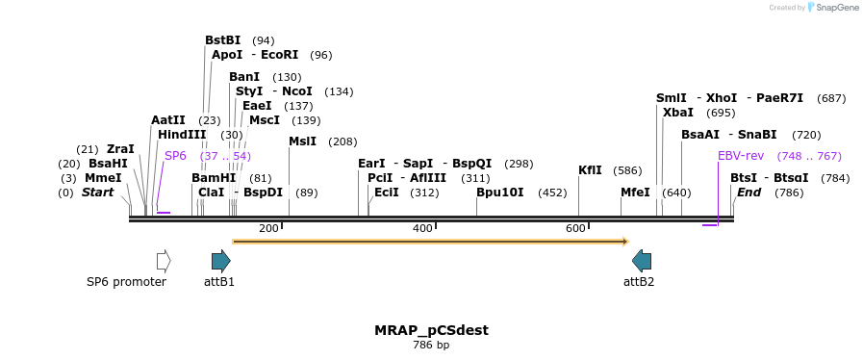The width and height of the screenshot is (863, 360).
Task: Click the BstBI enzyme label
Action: [222, 40]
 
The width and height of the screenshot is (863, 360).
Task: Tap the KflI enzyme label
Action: [590, 170]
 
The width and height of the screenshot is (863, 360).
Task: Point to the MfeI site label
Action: [635, 193]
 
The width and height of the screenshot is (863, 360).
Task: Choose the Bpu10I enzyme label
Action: [500, 193]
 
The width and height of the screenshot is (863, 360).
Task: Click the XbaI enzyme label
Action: [678, 113]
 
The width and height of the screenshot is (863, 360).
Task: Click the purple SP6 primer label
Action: [175, 156]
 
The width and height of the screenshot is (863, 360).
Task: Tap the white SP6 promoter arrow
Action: [164, 261]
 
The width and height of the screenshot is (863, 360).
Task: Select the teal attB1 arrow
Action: [220, 261]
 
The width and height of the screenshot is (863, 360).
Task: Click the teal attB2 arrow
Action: [642, 261]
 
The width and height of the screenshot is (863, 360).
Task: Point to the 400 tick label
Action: [422, 228]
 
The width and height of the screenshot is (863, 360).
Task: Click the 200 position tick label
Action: [268, 228]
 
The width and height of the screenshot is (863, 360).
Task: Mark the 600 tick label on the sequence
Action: [575, 228]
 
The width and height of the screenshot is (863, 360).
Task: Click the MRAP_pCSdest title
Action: [431, 330]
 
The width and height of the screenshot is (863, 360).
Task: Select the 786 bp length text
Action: [431, 345]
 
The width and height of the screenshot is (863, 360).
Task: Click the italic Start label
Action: [97, 193]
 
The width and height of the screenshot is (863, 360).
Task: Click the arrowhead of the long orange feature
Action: [624, 242]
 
